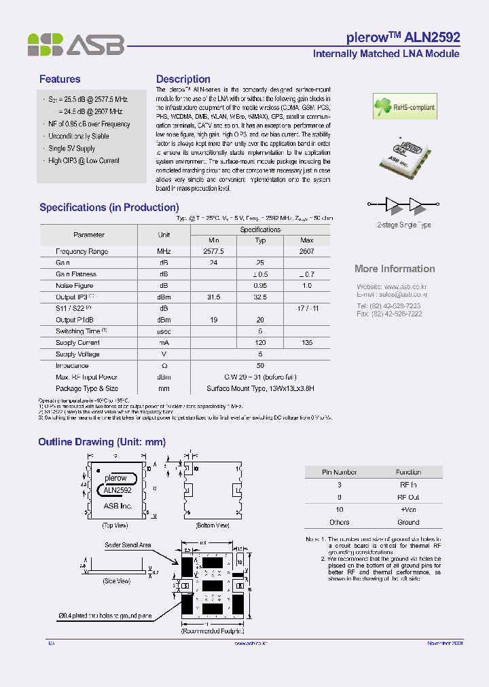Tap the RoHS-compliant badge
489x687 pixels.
click(404, 107)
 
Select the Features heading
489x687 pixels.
click(60, 79)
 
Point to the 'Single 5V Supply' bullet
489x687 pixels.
click(72, 149)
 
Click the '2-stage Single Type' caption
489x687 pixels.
click(403, 225)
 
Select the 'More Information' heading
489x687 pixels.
click(395, 269)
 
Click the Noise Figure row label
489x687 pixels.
click(75, 286)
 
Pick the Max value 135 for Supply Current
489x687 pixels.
click(307, 343)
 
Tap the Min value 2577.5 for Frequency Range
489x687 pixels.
click(213, 251)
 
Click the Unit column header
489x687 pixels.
click(164, 234)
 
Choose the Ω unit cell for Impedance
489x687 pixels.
click(164, 366)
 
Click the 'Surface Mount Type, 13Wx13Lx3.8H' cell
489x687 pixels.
click(260, 389)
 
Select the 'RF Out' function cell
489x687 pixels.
click(408, 497)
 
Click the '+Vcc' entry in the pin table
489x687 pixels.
click(408, 509)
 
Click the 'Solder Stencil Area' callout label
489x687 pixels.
click(128, 545)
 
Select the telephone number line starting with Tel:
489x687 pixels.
click(389, 306)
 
